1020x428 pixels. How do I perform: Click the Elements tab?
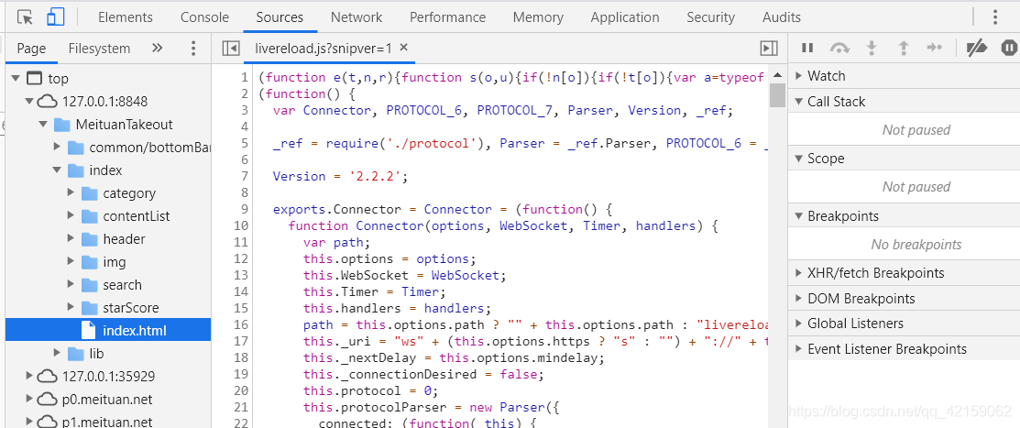126,16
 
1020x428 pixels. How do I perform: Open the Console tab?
204,16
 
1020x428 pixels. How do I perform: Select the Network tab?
356,16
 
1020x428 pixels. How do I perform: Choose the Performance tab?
447,16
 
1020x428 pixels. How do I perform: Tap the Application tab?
625,16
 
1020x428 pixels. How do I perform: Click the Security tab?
710,16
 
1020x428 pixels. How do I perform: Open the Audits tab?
782,16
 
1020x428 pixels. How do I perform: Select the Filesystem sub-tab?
99,48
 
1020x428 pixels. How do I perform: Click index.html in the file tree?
134,330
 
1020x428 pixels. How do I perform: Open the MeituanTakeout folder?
125,124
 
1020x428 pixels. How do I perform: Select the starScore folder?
130,307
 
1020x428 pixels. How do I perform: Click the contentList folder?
136,215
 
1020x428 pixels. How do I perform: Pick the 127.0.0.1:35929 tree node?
108,376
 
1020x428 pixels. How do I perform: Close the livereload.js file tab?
404,48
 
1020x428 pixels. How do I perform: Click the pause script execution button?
807,48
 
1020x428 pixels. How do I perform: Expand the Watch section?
826,76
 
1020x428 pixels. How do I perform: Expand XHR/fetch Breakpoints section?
875,272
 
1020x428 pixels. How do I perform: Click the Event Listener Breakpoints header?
886,348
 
